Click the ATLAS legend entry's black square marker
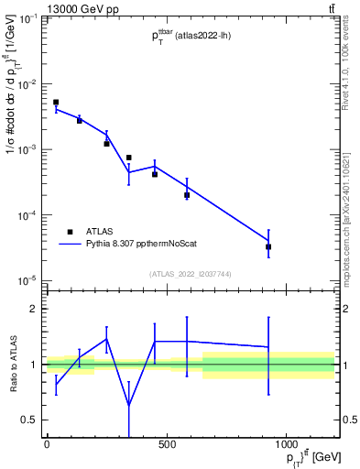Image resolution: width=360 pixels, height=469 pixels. point(69,232)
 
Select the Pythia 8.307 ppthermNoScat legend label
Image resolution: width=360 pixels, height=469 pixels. point(145,245)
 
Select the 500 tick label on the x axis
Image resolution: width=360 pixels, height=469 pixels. point(166,445)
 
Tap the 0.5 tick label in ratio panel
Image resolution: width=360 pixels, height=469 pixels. point(27,420)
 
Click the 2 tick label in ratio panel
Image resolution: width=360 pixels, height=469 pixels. point(32,309)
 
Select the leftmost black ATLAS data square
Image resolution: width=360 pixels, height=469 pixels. point(56,103)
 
